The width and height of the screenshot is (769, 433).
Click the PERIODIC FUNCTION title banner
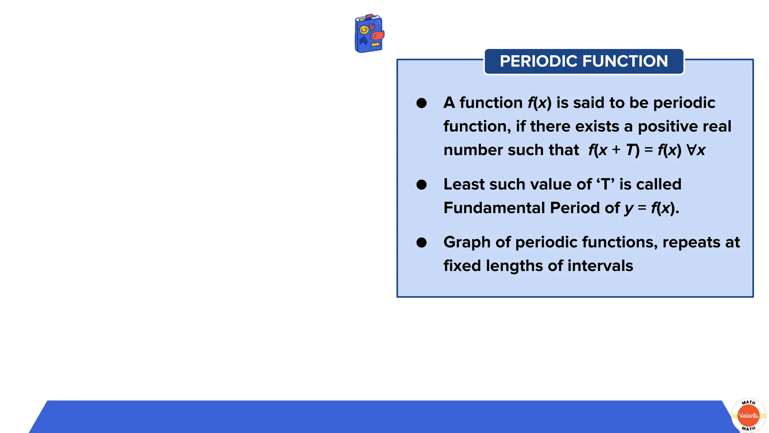[584, 61]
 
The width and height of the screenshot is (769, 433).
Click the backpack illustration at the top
[369, 33]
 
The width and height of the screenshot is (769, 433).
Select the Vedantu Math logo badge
[748, 415]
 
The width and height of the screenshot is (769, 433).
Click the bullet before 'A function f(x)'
[421, 103]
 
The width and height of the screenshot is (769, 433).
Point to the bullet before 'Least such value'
[421, 185]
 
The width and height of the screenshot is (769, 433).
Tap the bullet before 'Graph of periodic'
[421, 242]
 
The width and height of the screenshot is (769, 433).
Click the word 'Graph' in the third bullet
[467, 242]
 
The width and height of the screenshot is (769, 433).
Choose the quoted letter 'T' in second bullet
[605, 184]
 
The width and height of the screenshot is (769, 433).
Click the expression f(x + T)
[614, 150]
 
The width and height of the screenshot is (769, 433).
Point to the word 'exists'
[597, 127]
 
